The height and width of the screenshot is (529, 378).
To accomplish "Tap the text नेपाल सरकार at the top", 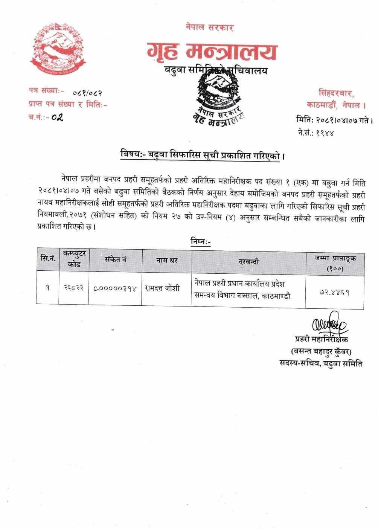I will (x=210, y=27).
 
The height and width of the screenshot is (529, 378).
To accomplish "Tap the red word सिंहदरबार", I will (x=336, y=92).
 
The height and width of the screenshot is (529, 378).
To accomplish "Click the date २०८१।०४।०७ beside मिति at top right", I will (x=335, y=120).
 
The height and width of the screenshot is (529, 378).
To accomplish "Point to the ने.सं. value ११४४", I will (x=325, y=133).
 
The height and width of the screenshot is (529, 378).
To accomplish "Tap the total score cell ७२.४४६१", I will (x=332, y=292).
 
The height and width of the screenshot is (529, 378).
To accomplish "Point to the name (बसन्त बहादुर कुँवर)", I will (x=321, y=352).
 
